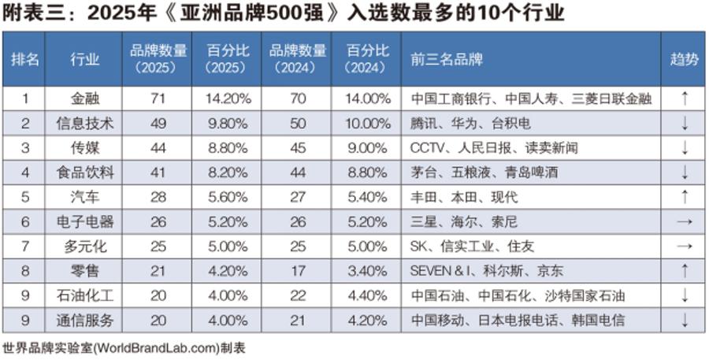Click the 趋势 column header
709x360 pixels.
[684, 59]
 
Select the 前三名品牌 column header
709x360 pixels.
[446, 59]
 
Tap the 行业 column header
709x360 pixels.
[85, 59]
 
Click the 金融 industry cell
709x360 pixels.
[85, 98]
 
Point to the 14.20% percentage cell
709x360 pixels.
[228, 98]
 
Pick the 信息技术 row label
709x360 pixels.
[85, 123]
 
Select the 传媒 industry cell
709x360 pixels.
[85, 147]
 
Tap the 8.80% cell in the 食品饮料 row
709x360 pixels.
[367, 173]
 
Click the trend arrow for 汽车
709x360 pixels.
[684, 197]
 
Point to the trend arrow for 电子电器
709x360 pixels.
[684, 221]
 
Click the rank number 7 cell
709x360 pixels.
[24, 246]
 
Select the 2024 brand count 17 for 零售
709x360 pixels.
[297, 271]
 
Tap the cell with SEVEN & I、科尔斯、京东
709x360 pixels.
[486, 271]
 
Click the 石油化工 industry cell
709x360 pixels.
[85, 295]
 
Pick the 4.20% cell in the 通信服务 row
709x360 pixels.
[367, 320]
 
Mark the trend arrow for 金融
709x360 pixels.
[684, 98]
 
